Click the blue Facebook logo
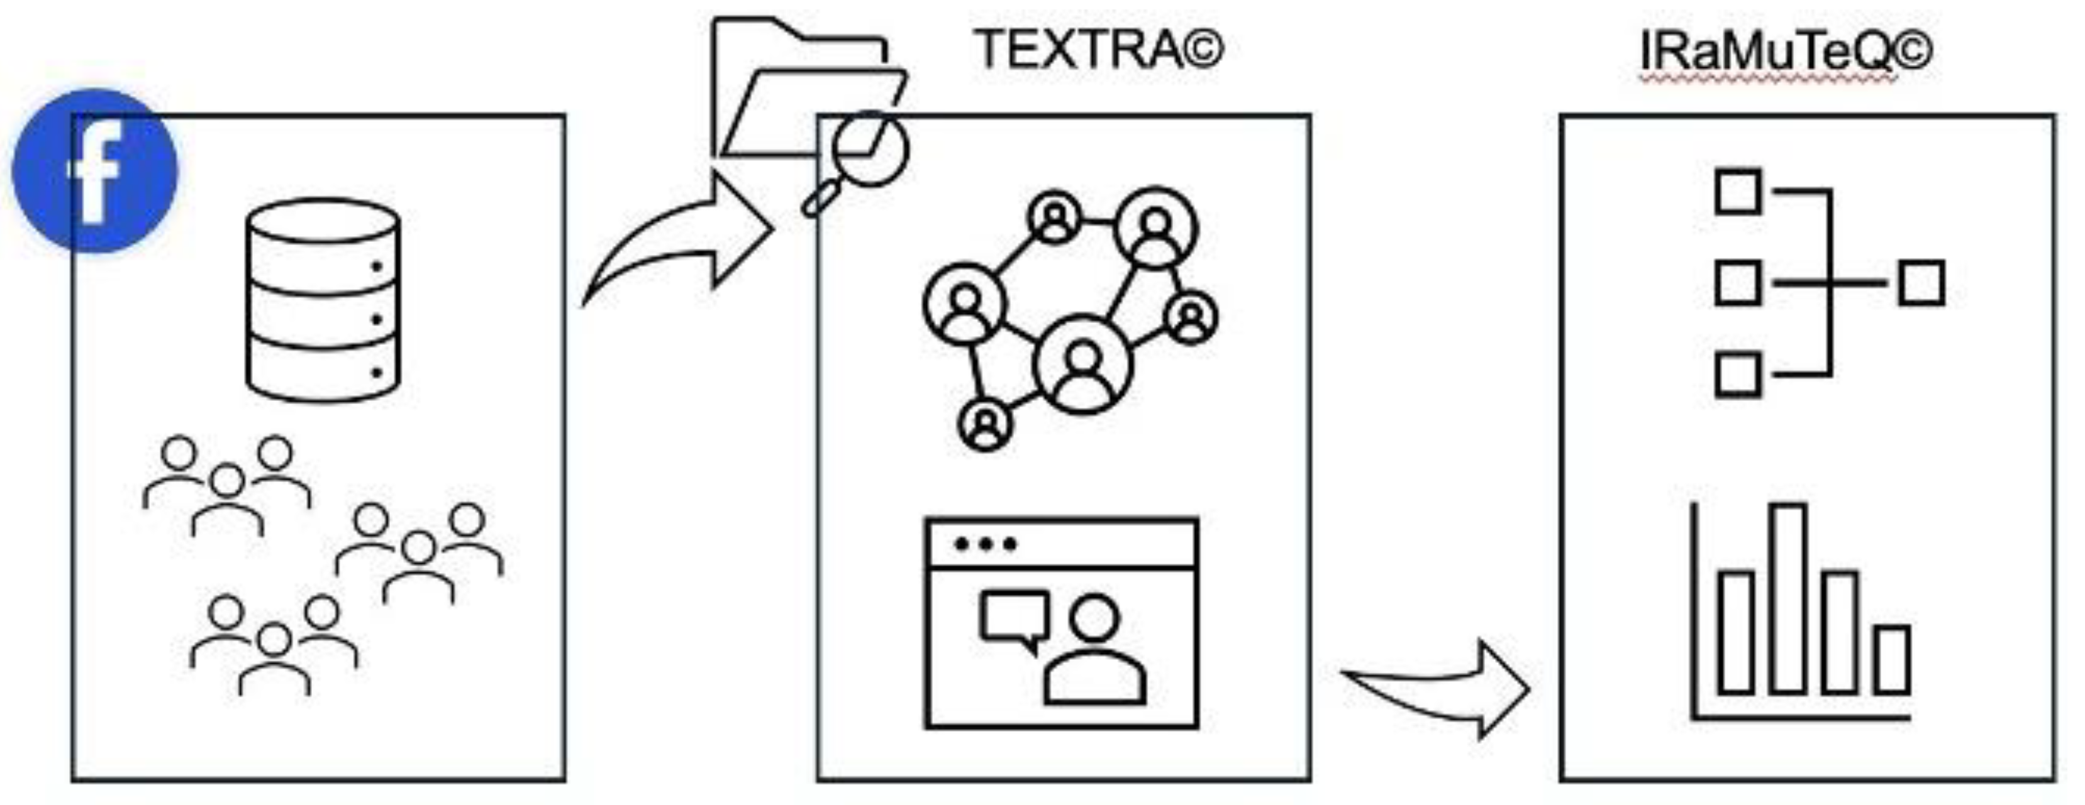click(x=95, y=171)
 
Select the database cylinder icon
click(x=323, y=301)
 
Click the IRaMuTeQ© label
click(x=1786, y=52)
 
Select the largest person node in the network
click(x=1083, y=364)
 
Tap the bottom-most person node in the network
click(x=985, y=425)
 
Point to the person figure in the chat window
click(x=1094, y=651)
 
